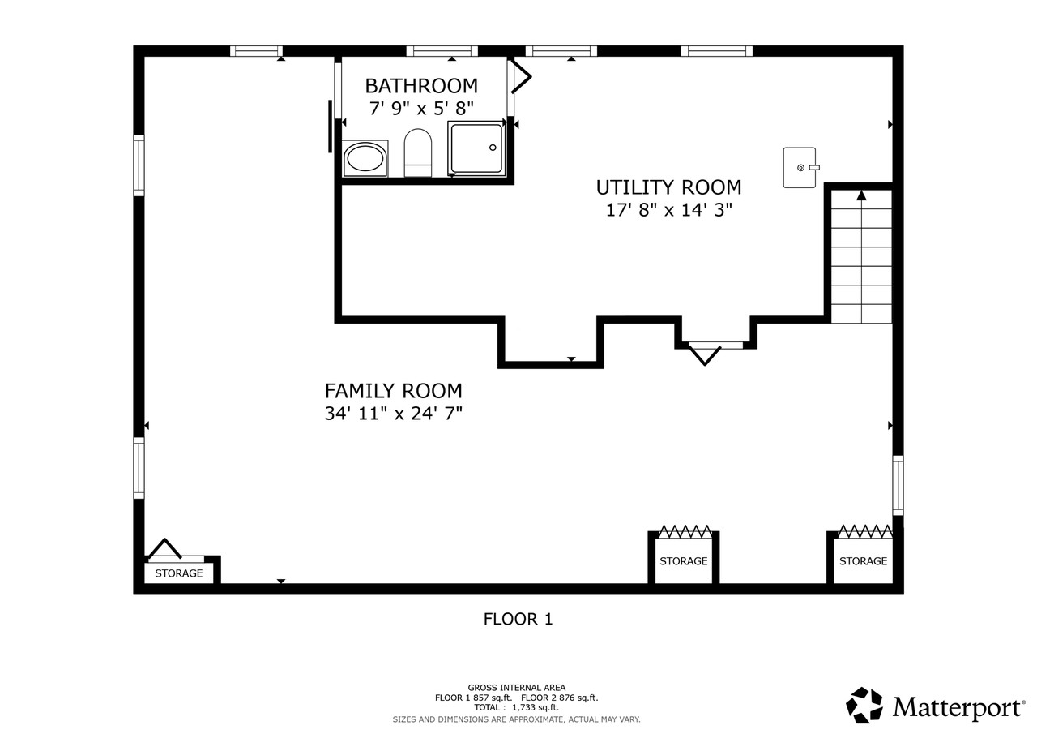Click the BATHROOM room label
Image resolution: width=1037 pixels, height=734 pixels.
point(420,86)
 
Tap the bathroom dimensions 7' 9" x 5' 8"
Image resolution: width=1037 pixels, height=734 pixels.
point(420,109)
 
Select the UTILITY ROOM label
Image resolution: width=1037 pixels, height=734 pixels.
point(668,187)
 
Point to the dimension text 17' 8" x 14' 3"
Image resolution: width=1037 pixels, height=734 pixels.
point(668,210)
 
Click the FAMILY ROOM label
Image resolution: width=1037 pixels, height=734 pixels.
point(393,391)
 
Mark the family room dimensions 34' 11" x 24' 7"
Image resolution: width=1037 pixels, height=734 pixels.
point(393,414)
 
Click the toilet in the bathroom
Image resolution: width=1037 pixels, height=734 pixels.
point(418,152)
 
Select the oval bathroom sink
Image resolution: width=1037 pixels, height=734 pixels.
point(365,158)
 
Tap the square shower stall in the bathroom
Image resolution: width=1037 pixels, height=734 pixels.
point(476,148)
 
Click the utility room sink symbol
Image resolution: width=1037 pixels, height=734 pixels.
point(800,167)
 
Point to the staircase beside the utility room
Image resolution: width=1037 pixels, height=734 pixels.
point(861,255)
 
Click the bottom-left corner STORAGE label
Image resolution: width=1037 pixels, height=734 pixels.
point(179,573)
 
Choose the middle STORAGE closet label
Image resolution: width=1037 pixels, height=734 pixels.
point(683,561)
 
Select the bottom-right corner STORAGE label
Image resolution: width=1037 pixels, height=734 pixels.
point(863,561)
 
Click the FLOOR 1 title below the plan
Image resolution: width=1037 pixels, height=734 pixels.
point(518,620)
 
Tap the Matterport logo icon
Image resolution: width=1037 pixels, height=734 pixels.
point(864,705)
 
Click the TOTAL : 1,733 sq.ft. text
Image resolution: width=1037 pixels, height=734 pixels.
point(516,707)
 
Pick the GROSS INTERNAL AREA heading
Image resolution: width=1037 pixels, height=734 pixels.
point(516,688)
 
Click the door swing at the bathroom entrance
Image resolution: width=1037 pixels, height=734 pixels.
point(521,77)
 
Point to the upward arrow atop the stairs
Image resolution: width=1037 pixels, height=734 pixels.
point(861,195)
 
